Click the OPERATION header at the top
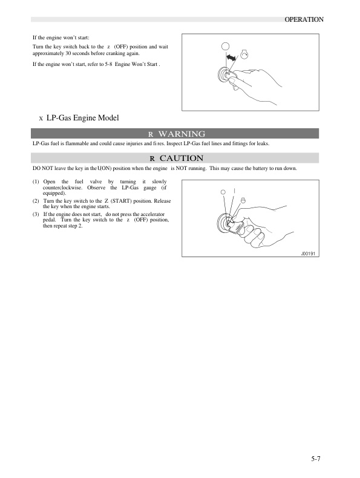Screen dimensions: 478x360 (304, 19)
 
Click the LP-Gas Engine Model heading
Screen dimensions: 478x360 (83, 117)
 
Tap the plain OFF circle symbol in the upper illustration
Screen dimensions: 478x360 (225, 47)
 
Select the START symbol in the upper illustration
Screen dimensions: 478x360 (244, 54)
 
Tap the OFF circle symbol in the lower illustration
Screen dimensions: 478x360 (223, 192)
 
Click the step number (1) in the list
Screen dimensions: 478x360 (36, 182)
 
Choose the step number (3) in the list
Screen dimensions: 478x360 (36, 214)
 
